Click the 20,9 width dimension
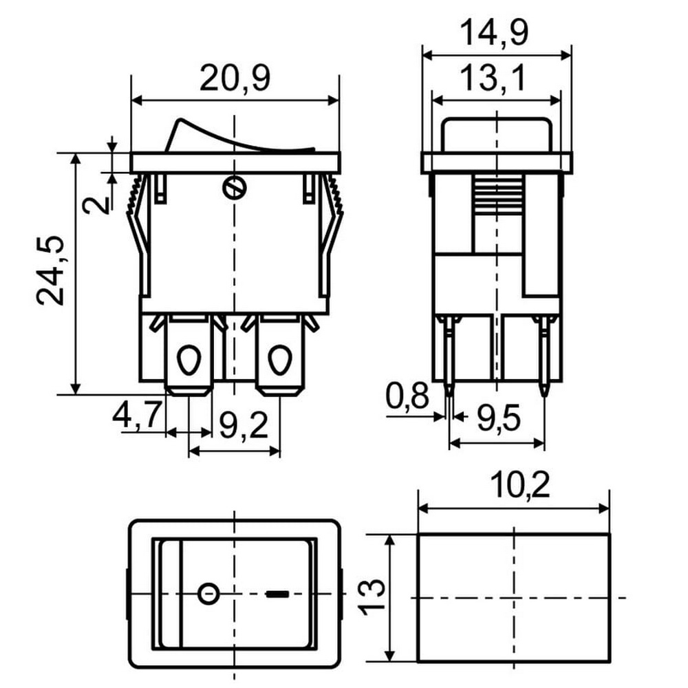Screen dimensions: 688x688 [x=235, y=78]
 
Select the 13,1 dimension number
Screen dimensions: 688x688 [x=493, y=78]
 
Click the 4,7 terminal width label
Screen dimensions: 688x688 [x=137, y=415]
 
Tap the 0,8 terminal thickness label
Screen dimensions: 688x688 [x=407, y=396]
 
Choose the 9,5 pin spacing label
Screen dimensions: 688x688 [x=499, y=418]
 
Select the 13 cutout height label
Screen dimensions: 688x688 [x=372, y=597]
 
